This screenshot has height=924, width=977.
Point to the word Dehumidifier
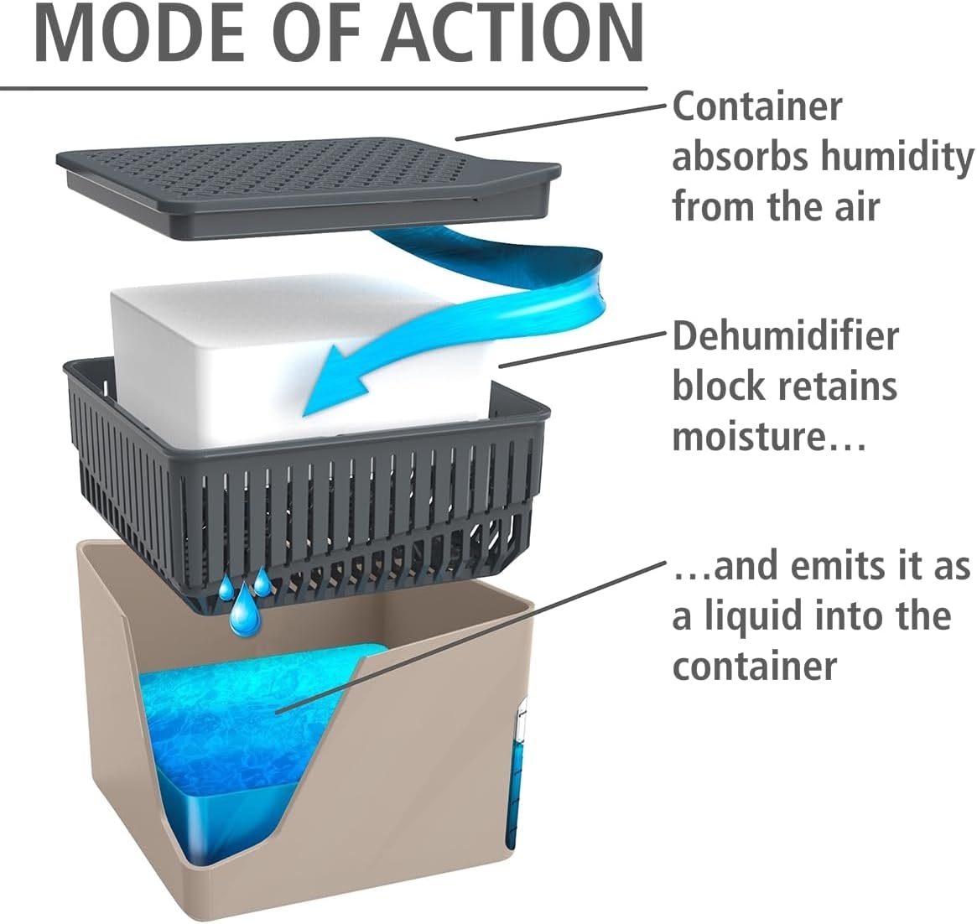tap(785, 336)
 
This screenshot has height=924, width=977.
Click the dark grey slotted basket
tap(302, 503)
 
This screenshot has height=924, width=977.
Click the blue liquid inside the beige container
tap(252, 713)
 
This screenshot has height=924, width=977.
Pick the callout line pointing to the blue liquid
tap(470, 637)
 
